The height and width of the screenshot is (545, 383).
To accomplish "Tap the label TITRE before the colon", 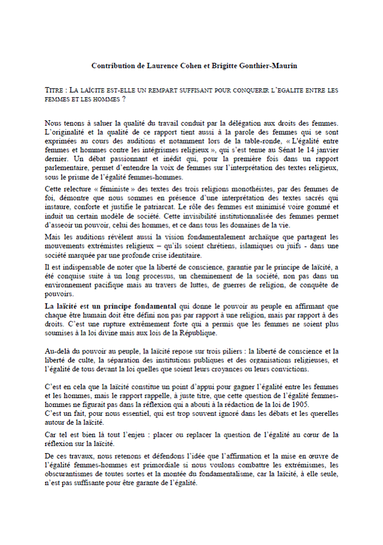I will pos(55,90).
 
